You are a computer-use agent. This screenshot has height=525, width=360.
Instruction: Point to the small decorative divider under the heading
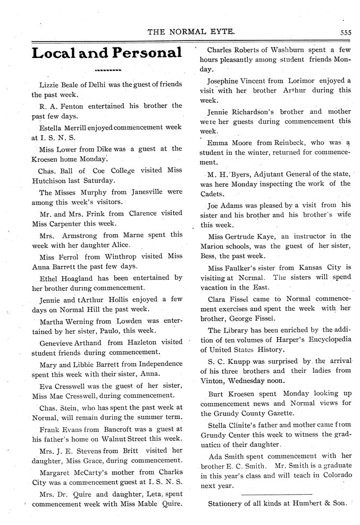coord(107,70)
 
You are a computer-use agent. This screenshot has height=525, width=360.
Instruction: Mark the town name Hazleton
coord(136,342)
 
